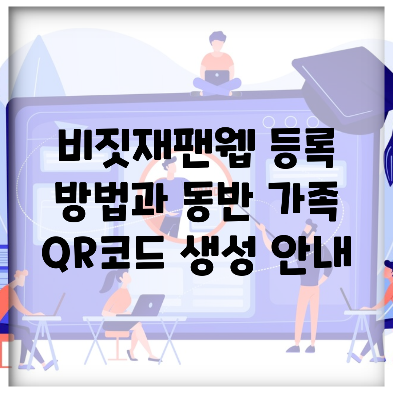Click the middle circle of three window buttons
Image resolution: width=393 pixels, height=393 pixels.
[x=290, y=122]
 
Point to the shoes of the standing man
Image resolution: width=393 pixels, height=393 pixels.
[x=301, y=349]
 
